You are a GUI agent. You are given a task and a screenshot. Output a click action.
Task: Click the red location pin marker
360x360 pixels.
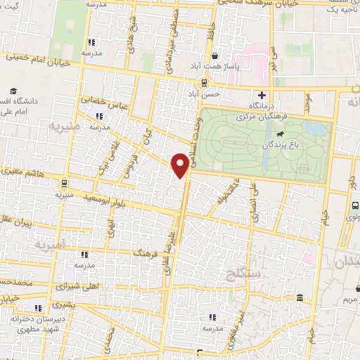coord(181,164)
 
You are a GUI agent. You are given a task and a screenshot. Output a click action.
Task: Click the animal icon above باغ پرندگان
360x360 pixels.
coord(280,134)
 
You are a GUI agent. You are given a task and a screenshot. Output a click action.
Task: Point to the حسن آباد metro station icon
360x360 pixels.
coord(204,82)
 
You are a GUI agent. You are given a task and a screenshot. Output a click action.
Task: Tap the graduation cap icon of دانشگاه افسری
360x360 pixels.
coord(13,91)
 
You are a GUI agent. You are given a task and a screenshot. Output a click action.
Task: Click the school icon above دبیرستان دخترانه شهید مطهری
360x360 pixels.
coord(37,308)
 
